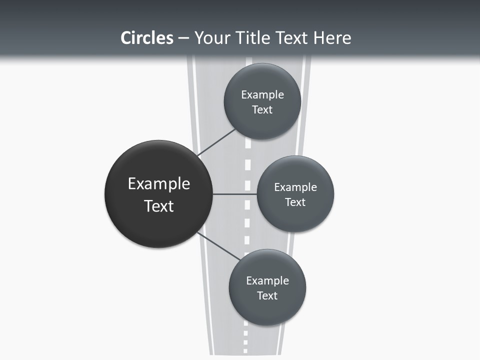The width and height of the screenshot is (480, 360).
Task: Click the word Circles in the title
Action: pyautogui.click(x=146, y=38)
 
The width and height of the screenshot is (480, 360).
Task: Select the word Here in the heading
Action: pyautogui.click(x=332, y=38)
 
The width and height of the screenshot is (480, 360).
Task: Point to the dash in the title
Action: pyautogui.click(x=183, y=38)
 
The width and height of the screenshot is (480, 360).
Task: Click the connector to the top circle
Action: pyautogui.click(x=216, y=143)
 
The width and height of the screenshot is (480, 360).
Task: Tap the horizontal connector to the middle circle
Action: pyautogui.click(x=234, y=194)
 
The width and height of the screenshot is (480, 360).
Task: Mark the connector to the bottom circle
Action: pyautogui.click(x=218, y=246)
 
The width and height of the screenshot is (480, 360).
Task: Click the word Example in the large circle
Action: pyautogui.click(x=159, y=183)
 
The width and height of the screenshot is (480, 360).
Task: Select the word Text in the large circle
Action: pyautogui.click(x=159, y=206)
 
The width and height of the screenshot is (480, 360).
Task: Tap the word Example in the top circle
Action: pyautogui.click(x=262, y=94)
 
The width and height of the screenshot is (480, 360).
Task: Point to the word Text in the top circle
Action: pyautogui.click(x=262, y=109)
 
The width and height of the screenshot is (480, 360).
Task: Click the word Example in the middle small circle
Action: pyautogui.click(x=295, y=187)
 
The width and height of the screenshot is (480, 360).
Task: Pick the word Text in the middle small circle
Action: pyautogui.click(x=295, y=202)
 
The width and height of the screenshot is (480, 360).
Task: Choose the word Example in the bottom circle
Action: pyautogui.click(x=267, y=280)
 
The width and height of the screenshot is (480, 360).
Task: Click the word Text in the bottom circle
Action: pyautogui.click(x=267, y=295)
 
